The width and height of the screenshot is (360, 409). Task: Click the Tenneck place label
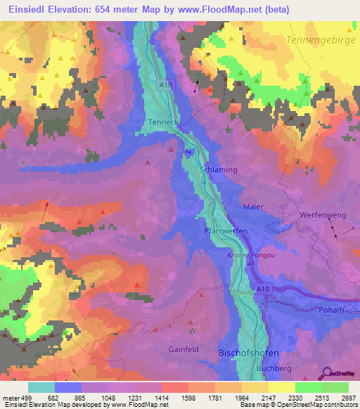click(x=163, y=122)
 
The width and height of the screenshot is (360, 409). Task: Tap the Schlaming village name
click(x=218, y=171)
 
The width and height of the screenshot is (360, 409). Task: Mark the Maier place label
click(x=252, y=207)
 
